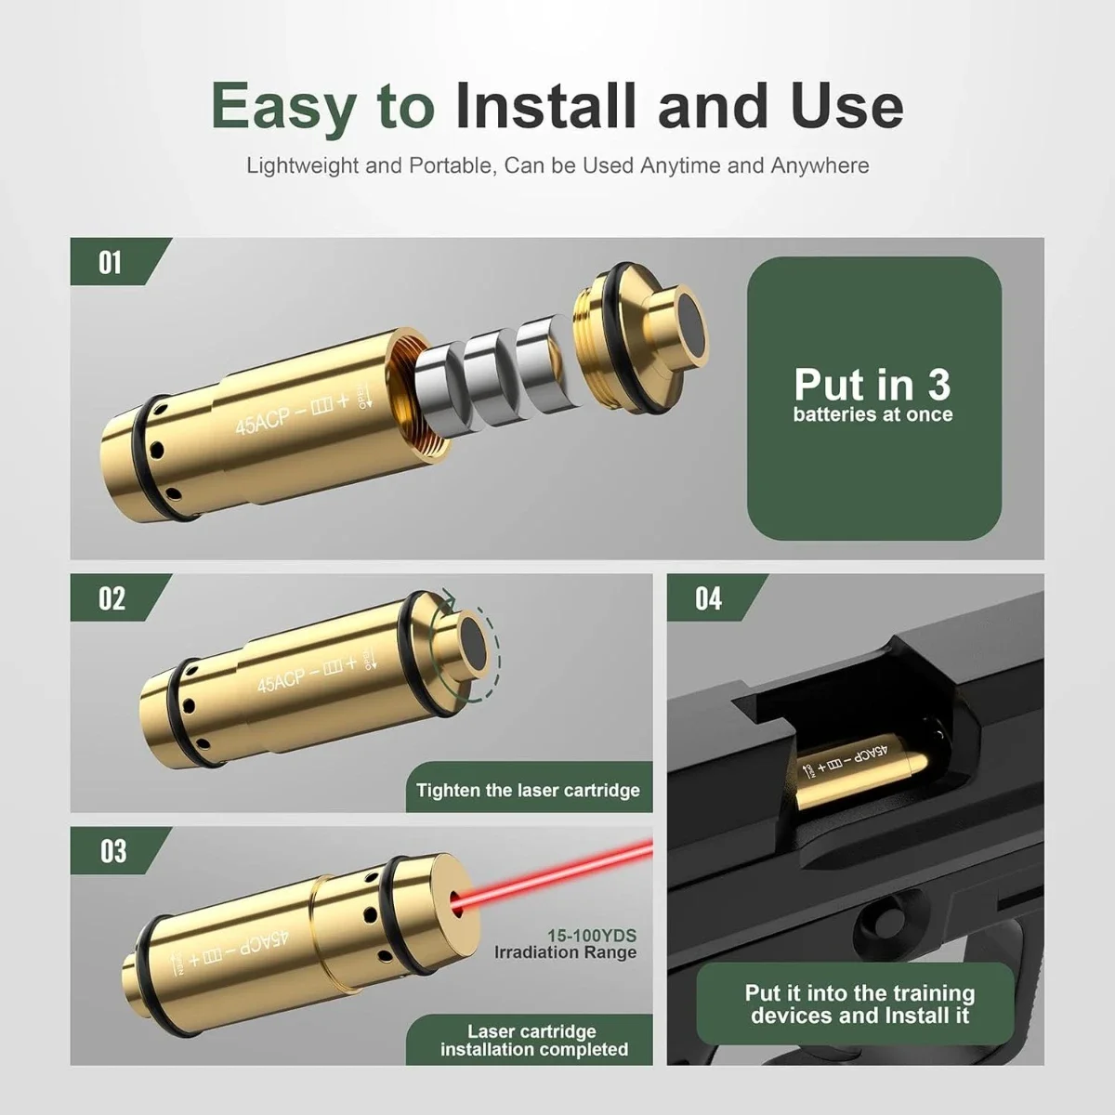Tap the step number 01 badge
110,263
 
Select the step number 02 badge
111,598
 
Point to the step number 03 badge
111,851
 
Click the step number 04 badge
708,598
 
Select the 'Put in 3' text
872,384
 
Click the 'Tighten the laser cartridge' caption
528,791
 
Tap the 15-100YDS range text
592,936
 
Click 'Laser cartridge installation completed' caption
533,1040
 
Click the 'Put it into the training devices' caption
859,1004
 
